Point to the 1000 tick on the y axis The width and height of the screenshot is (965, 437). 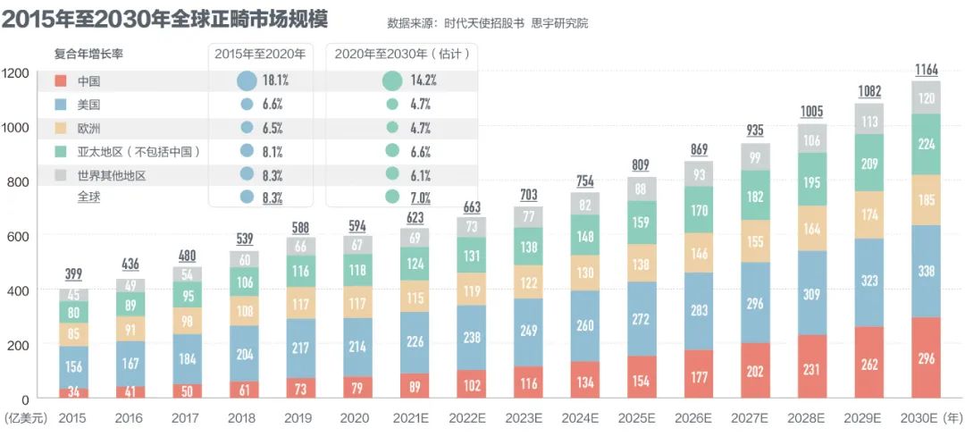click(x=15, y=127)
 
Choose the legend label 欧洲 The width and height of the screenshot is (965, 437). click(x=88, y=128)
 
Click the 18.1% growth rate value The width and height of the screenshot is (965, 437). click(x=275, y=80)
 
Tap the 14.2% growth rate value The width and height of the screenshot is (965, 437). click(x=423, y=80)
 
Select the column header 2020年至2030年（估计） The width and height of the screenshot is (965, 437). click(x=401, y=54)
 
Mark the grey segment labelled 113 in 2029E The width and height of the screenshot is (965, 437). click(x=869, y=121)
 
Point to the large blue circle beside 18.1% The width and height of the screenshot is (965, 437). click(x=248, y=80)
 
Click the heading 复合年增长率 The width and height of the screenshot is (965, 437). click(x=88, y=54)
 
